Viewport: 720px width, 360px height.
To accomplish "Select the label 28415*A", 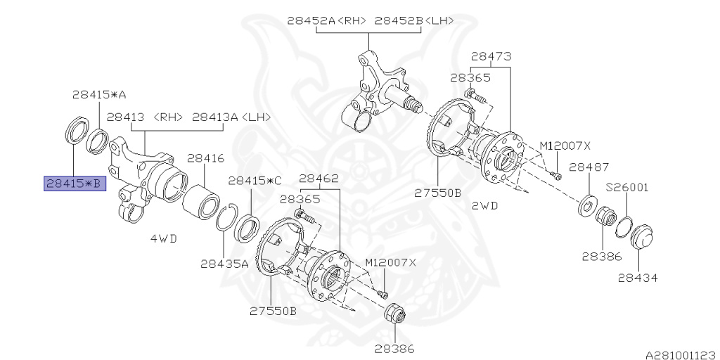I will tap(99, 94).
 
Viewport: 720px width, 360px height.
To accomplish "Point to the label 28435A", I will tap(224, 264).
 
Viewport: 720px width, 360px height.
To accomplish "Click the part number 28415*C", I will tap(255, 181).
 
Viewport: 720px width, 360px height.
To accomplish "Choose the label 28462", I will tap(319, 179).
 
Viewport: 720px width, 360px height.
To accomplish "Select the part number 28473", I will tap(491, 56).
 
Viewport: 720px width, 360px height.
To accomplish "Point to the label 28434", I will tap(638, 278).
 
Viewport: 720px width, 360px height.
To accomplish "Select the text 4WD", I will tap(163, 238).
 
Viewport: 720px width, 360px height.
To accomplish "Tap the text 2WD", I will tap(485, 206).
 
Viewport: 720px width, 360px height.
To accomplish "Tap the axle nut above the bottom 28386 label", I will tap(395, 314).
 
